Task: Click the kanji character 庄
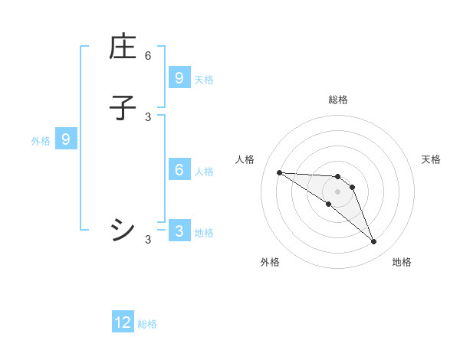[x=123, y=47]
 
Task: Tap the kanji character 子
[x=123, y=108]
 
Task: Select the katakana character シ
[x=123, y=229]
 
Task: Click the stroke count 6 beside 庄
[x=148, y=55]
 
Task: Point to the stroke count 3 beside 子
[x=148, y=116]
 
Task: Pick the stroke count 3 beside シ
[x=148, y=240]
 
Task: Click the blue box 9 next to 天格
[x=179, y=77]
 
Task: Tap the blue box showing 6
[x=179, y=170]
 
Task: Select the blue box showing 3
[x=179, y=231]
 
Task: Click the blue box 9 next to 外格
[x=66, y=139]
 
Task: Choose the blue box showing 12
[x=123, y=322]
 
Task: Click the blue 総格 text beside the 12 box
[x=147, y=324]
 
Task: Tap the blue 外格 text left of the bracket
[x=41, y=141]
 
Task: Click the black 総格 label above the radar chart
[x=337, y=100]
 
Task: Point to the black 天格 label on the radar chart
[x=431, y=159]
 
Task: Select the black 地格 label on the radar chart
[x=402, y=262]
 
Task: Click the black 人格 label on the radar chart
[x=245, y=159]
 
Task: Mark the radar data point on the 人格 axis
[x=279, y=172]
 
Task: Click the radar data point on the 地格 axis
[x=373, y=242]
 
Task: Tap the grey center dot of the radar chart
[x=337, y=191]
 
